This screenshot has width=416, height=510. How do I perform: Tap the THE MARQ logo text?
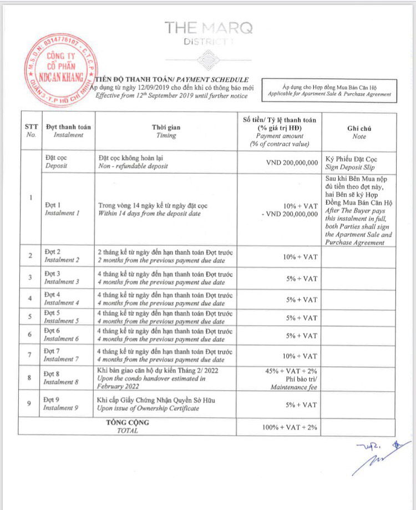coord(207,27)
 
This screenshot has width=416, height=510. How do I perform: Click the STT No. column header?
coord(31,131)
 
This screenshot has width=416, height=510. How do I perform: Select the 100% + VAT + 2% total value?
coord(290,428)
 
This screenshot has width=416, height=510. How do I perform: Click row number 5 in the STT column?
coord(31,317)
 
